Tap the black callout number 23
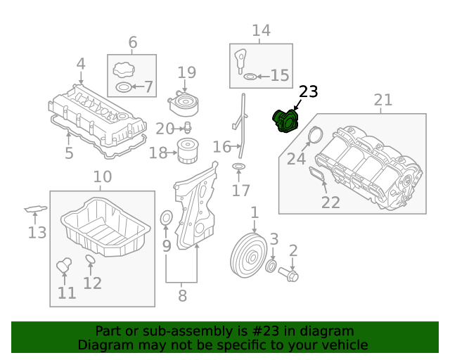pos(308,91)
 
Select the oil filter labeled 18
pos(188,151)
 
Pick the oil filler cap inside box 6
pos(122,70)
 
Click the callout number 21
pos(382,100)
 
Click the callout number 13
pos(37,232)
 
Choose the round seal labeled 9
pos(167,219)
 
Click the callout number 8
pos(182,296)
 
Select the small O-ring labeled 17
pos(239,167)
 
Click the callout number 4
pos(81,64)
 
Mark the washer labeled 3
pos(271,266)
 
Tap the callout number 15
pos(279,75)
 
